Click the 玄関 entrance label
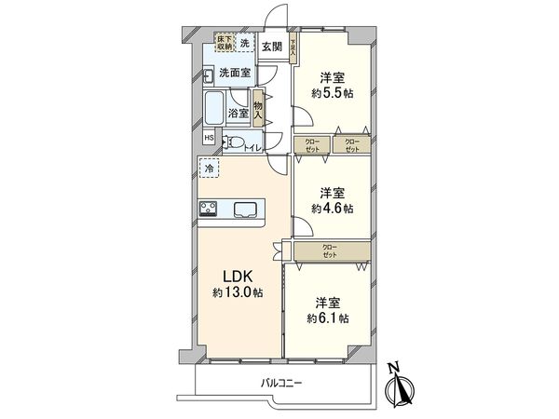tap(271, 46)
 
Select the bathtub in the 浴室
tap(212, 109)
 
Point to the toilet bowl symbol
tap(237, 142)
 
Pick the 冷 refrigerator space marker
tap(208, 169)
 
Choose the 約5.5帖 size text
tap(332, 92)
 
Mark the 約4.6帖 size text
tap(332, 209)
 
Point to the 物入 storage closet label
tap(258, 109)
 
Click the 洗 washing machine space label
tap(246, 44)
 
